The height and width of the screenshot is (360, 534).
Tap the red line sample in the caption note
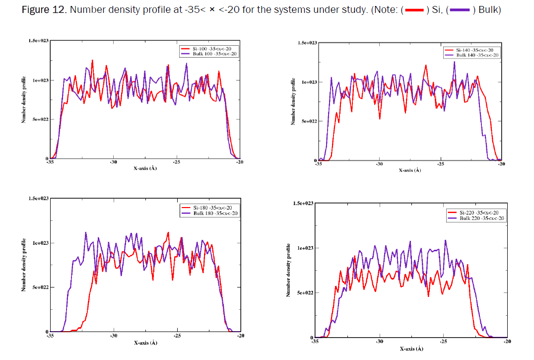(x=414, y=11)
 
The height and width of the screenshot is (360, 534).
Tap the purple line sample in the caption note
(x=459, y=11)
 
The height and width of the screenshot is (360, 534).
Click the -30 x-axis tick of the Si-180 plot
(x=114, y=336)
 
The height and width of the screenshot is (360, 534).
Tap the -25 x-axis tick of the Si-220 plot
(x=443, y=342)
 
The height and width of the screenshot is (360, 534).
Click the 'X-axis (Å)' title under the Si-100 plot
(x=145, y=168)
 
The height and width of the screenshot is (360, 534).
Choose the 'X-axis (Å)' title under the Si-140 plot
(x=410, y=170)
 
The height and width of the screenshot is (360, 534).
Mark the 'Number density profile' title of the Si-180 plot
(x=23, y=265)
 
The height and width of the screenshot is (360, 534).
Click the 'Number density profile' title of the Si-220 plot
(x=288, y=271)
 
